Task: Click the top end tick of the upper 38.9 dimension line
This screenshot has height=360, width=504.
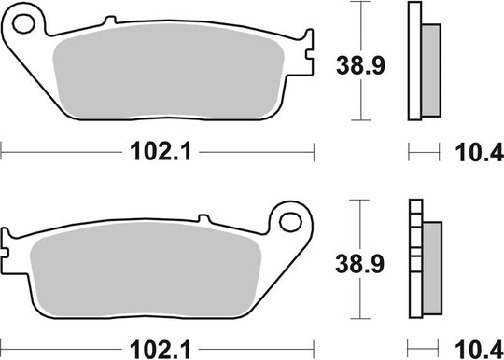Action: (358, 3)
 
